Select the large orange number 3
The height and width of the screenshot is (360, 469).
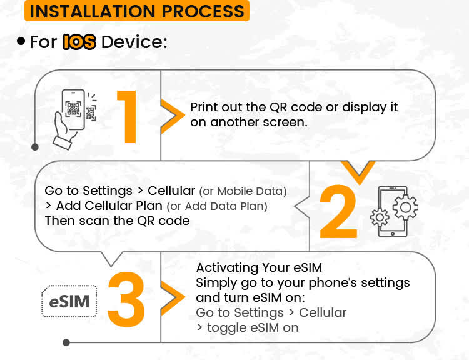point(126,298)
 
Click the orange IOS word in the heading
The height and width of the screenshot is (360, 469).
point(79,41)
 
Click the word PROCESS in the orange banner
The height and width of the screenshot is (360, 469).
point(203,11)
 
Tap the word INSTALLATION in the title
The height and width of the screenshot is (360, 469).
point(93,11)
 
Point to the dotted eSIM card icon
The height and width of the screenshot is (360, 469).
point(69,301)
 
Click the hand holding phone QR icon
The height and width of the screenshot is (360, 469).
point(75,119)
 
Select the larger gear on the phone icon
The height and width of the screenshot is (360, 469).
point(405,207)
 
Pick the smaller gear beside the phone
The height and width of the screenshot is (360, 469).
point(380,217)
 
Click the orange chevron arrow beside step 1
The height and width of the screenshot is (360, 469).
point(173,116)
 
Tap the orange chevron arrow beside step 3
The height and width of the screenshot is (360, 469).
point(173,298)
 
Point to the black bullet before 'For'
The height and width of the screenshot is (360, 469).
point(21,41)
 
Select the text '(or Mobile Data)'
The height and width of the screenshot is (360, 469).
point(243,191)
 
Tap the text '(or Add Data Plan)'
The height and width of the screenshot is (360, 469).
point(217,206)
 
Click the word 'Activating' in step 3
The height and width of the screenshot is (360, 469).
point(227,268)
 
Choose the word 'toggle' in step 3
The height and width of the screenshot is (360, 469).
point(227,328)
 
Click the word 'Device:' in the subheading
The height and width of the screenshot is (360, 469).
point(134,42)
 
